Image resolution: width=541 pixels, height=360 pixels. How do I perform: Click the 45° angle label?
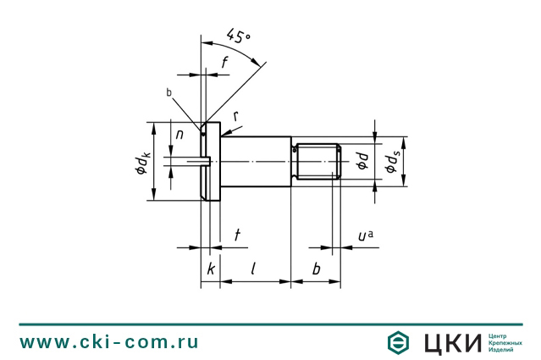239,36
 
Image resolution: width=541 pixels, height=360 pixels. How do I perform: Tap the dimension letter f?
224,63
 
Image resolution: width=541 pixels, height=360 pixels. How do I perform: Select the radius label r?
236,116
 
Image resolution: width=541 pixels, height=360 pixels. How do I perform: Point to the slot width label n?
179,135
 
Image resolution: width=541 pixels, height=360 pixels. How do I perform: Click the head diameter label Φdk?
142,164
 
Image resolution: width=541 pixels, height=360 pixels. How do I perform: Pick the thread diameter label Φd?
362,162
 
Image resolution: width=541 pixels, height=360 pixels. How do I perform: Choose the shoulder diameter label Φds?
392,163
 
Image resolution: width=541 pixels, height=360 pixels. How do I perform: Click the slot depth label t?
237,235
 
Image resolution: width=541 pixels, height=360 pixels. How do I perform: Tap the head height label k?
211,269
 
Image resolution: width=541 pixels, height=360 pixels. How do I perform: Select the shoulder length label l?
253,269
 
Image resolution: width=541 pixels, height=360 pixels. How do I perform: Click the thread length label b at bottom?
316,269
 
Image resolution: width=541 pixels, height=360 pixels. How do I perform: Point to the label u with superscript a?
366,235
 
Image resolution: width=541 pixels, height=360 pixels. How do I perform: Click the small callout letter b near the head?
168,92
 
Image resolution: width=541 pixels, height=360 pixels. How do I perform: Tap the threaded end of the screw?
317,162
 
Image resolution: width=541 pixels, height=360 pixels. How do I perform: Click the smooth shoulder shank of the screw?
256,162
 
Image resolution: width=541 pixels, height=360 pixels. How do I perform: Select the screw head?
211,161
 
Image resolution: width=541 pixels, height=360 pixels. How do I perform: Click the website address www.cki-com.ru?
108,341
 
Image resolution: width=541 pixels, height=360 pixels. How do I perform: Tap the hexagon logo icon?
398,343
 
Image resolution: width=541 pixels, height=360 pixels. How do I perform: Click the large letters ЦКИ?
452,343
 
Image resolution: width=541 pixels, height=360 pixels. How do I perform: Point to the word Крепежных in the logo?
505,343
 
